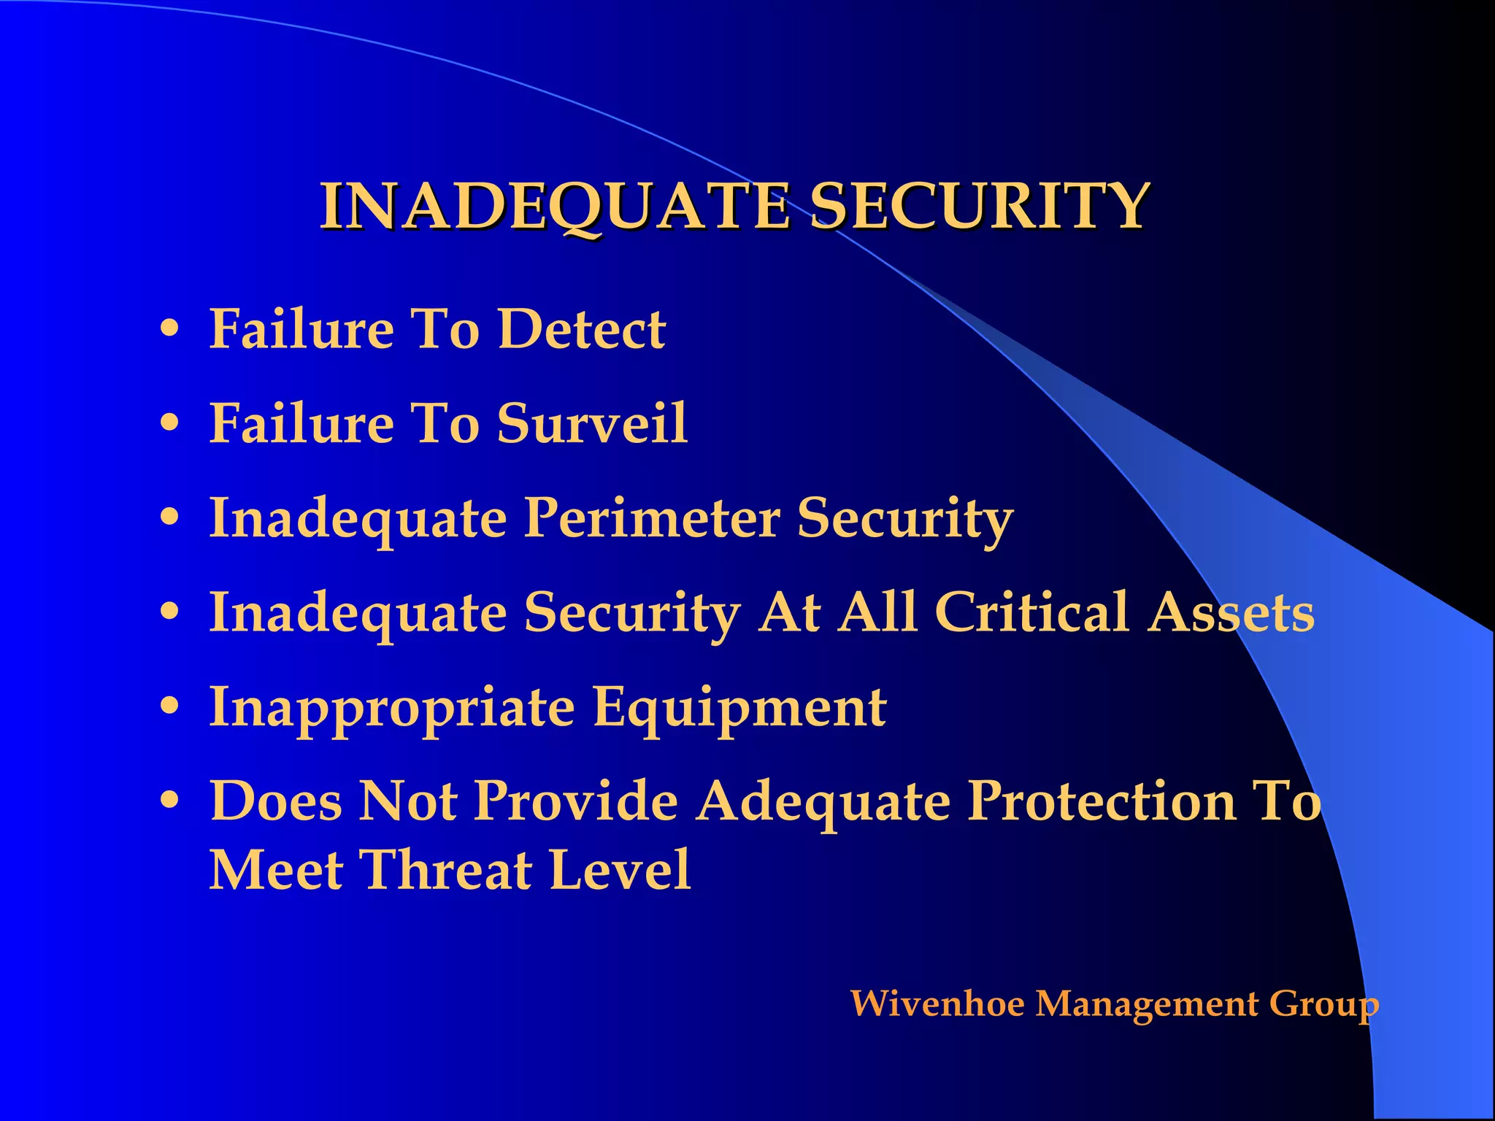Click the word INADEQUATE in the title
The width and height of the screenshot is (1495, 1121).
(x=555, y=207)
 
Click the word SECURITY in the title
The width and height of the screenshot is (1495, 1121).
(x=980, y=207)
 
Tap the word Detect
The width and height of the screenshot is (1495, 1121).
(x=581, y=329)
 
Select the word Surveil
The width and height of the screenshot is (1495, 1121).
(x=592, y=423)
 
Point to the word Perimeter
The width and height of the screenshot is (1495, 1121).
(x=653, y=519)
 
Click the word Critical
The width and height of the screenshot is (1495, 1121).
(x=1032, y=612)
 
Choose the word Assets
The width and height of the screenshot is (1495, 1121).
(x=1231, y=612)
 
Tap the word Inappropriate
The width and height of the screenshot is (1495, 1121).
(x=392, y=707)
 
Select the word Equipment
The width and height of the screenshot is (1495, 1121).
(x=739, y=707)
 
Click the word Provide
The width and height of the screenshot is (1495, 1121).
(x=577, y=801)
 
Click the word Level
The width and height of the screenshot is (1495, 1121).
(x=620, y=870)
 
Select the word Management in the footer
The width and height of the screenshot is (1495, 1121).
(x=1147, y=1004)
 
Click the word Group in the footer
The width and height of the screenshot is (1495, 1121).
(x=1323, y=1004)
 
